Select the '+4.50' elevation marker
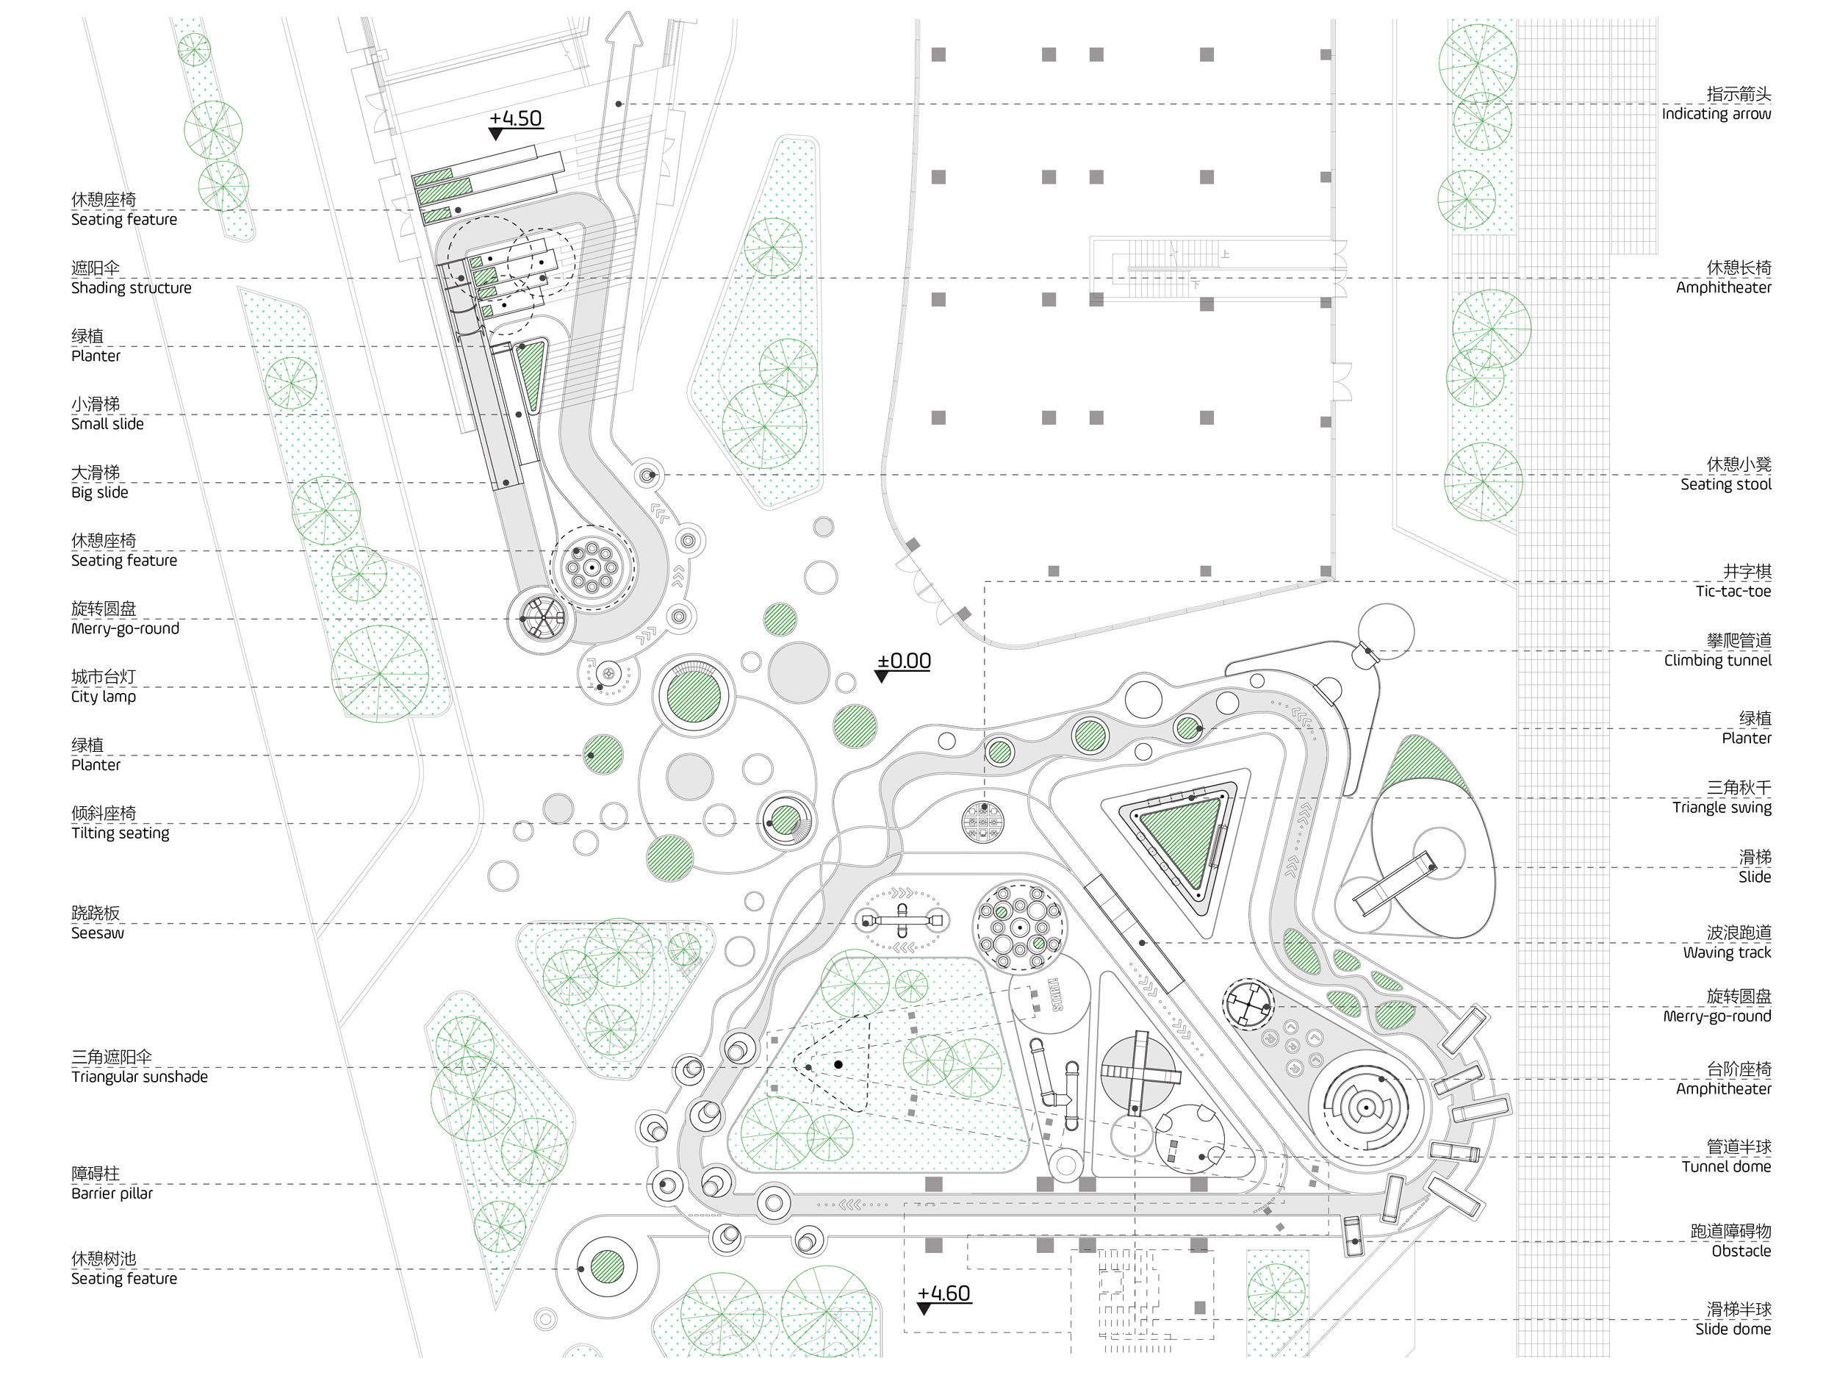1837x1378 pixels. [x=515, y=119]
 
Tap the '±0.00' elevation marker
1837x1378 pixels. [x=904, y=662]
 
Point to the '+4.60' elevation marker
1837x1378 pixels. [x=943, y=1294]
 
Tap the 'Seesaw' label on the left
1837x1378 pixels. [x=97, y=933]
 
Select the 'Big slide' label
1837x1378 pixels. [x=100, y=492]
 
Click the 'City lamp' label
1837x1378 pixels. [x=103, y=696]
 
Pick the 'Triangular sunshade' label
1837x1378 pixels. [x=140, y=1077]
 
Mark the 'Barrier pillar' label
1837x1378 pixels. [x=112, y=1193]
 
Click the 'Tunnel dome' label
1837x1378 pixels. [x=1726, y=1166]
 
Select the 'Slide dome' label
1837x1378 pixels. [x=1733, y=1329]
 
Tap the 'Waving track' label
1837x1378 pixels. [x=1727, y=952]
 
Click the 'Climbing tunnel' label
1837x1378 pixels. [x=1716, y=661]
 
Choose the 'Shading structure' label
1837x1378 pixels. [x=132, y=287]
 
